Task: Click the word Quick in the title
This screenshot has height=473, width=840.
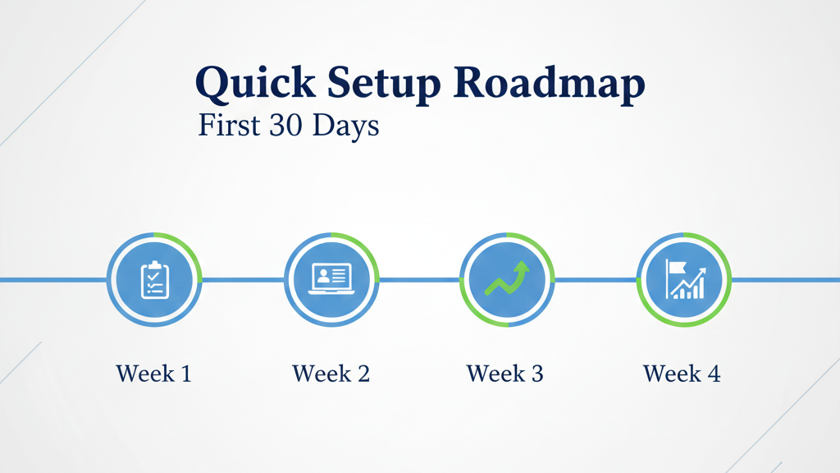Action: coord(256,83)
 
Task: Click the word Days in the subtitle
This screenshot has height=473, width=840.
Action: coord(345,126)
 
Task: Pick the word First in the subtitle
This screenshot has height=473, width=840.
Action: coord(230,125)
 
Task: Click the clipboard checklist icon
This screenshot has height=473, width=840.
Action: coord(155,279)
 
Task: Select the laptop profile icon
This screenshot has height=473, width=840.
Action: coord(331,279)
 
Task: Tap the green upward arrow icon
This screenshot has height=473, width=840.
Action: coord(507,278)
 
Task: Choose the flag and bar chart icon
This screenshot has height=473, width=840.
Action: coord(685,279)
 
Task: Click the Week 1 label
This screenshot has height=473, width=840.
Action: coord(153,374)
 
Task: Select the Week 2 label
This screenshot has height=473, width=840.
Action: coord(331,374)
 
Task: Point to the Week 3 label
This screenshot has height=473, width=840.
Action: coord(505,374)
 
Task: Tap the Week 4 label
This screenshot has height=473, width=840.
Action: coord(682,374)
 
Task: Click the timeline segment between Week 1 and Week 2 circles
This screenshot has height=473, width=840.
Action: coord(243,279)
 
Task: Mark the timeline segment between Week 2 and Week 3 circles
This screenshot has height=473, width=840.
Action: coord(419,279)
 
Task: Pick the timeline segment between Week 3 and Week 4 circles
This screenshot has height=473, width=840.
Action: coord(596,279)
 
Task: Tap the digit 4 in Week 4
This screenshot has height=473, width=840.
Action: coord(714,374)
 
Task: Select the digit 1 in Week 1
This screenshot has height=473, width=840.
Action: coord(186,374)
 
